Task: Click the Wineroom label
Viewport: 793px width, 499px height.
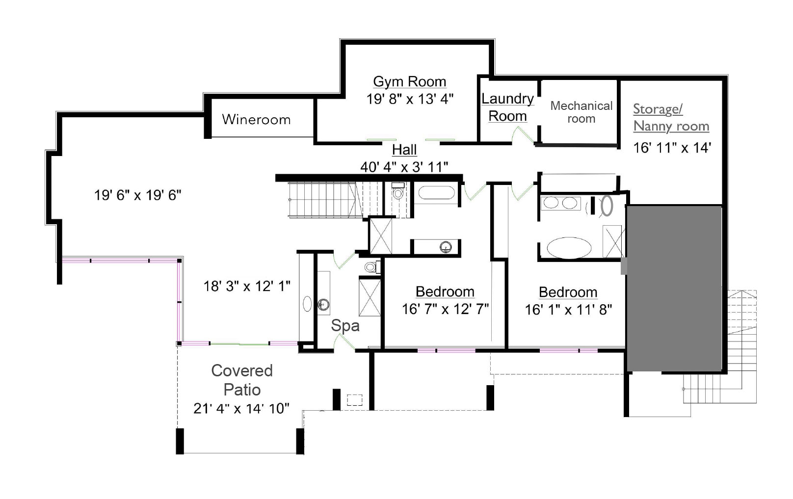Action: coord(256,120)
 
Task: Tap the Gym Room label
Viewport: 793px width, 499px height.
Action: coord(410,82)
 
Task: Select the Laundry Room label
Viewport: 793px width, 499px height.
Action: coord(508,107)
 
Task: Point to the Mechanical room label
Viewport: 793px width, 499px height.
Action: coord(582,112)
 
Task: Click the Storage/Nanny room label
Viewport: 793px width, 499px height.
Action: coord(671,117)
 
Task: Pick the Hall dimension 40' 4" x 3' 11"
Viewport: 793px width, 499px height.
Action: coord(404,167)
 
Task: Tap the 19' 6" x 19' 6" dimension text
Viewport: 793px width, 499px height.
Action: coord(138,195)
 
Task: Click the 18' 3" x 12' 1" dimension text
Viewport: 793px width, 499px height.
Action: coord(247,286)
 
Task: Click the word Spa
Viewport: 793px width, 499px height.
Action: coord(345,326)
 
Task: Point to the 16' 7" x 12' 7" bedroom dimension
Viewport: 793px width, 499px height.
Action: coord(446,309)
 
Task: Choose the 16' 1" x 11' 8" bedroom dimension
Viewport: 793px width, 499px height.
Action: coord(568,310)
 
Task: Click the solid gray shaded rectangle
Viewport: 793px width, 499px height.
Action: coord(674,289)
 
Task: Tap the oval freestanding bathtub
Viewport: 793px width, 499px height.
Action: coord(569,248)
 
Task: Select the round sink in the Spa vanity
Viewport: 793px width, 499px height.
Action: coord(323,304)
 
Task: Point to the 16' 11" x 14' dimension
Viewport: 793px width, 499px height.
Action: coord(672,148)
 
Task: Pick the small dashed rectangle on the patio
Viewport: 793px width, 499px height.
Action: coord(355,400)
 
